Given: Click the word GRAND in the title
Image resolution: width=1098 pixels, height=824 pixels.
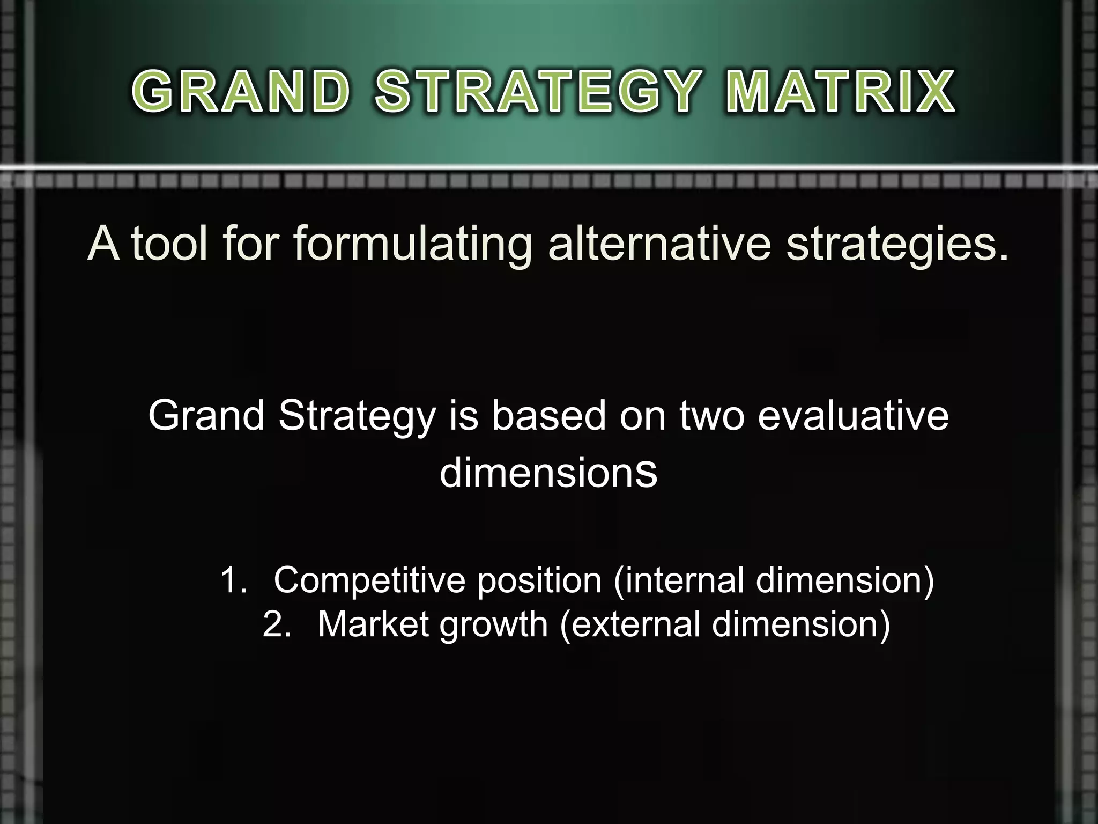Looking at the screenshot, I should coord(241,92).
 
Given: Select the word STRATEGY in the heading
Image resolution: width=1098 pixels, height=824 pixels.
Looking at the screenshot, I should coord(537,92).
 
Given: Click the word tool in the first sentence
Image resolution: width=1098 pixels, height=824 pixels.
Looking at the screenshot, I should coord(169,244).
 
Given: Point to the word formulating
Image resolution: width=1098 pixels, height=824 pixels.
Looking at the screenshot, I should coord(412,244).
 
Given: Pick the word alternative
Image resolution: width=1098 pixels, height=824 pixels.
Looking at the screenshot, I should coord(659,244).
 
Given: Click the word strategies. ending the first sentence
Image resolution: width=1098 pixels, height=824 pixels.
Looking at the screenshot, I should coord(897,244).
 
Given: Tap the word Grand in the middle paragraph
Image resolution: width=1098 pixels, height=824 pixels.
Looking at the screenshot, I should coord(206,415).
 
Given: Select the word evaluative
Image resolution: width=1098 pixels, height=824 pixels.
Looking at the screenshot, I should coord(852,415).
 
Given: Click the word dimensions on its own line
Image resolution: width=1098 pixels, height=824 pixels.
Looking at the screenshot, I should coord(548,473).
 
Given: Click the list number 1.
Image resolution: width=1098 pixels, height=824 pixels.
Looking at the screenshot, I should coord(233,580).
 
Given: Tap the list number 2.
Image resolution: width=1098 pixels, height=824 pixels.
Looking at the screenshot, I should coord(276,624).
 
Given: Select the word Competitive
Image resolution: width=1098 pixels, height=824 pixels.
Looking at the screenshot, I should coord(369,580).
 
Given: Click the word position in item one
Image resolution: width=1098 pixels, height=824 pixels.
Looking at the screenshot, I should coord(539,580).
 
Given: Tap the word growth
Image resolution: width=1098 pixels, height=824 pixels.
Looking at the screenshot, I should coord(494,624).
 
